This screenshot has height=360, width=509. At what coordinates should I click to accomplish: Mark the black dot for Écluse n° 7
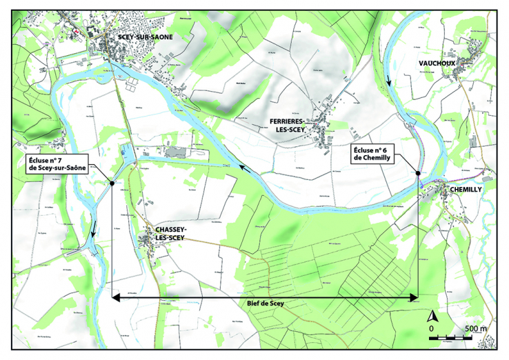coord(112,183)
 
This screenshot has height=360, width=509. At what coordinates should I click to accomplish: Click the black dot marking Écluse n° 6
coord(419,172)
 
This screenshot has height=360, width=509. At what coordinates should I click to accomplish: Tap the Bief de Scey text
coord(265,303)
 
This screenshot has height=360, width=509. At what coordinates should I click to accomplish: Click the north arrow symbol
coord(434,317)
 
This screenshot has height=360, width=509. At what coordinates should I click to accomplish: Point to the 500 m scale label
coord(475,328)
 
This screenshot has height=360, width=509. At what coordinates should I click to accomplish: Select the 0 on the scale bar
coord(431,329)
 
